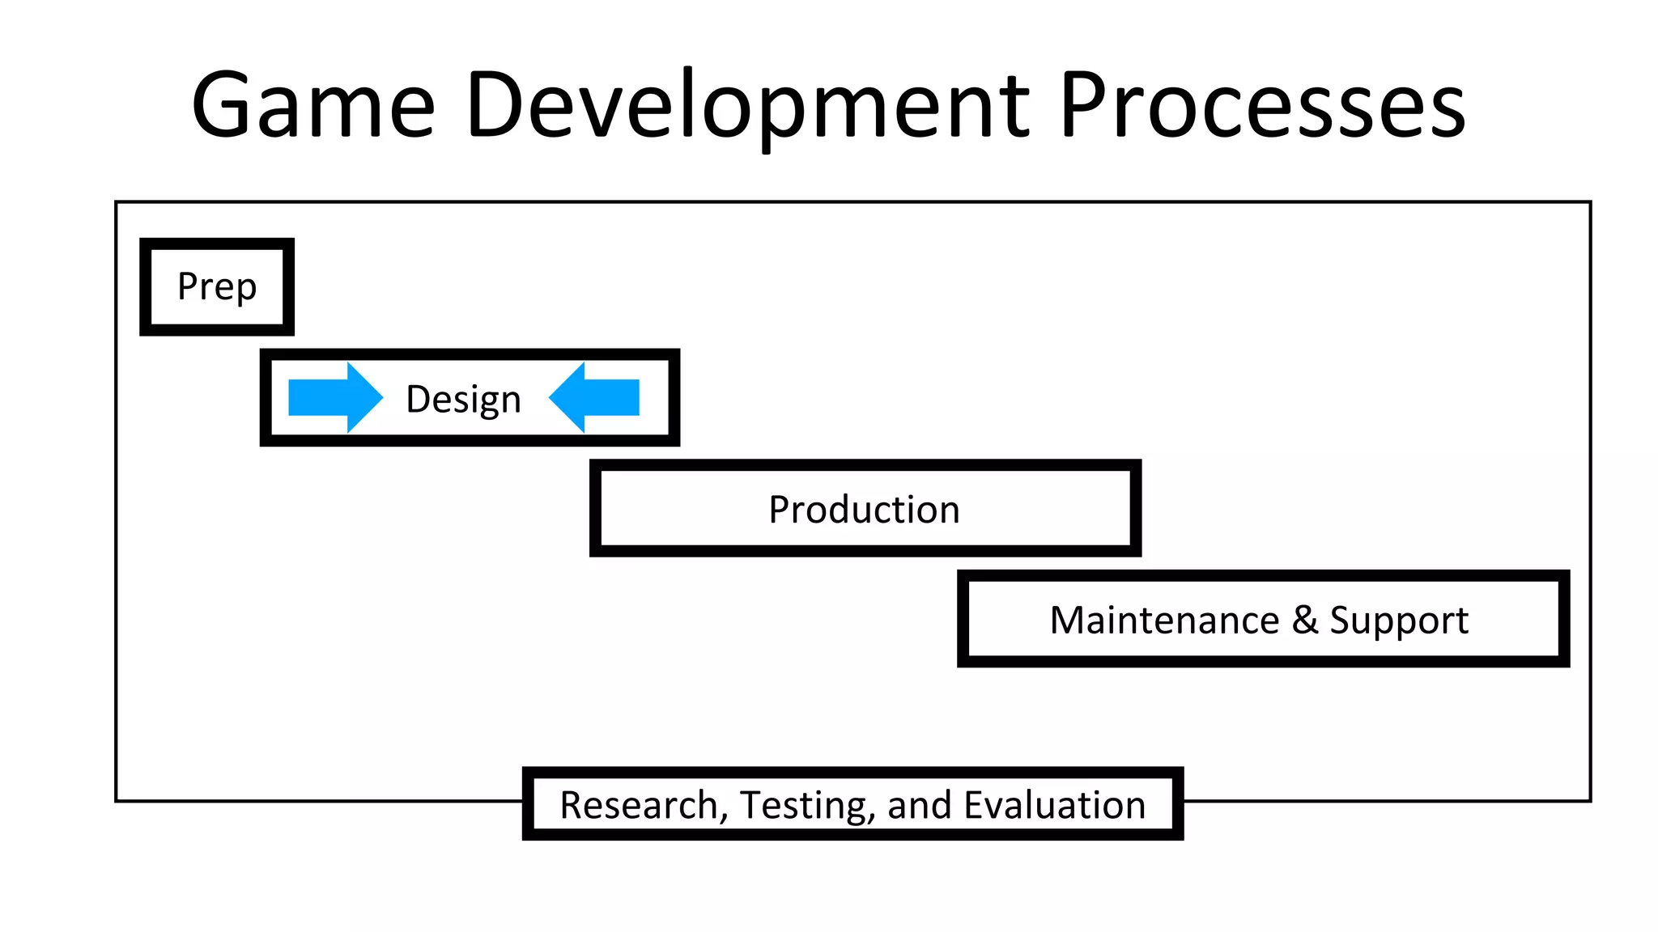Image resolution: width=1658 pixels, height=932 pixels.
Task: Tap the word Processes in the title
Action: tap(1262, 105)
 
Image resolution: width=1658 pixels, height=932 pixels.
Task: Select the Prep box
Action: tap(217, 286)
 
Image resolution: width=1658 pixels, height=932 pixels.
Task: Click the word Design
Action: tap(463, 399)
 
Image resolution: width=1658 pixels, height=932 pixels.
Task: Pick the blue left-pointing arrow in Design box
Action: tap(594, 397)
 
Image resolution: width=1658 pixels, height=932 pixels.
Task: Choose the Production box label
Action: tap(864, 510)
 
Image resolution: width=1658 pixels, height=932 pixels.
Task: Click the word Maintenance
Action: tap(1164, 621)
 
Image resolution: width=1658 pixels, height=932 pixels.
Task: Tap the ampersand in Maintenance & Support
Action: tap(1304, 621)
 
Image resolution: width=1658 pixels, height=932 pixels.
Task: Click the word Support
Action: tap(1398, 621)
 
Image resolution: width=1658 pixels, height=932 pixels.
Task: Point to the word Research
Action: tap(639, 805)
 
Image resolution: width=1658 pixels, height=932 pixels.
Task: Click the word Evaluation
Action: tap(1054, 805)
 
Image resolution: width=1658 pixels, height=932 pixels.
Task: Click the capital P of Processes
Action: tap(1084, 105)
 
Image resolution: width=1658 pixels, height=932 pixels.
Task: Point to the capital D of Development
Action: tap(496, 105)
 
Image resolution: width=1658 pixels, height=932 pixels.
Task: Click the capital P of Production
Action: tap(779, 510)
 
